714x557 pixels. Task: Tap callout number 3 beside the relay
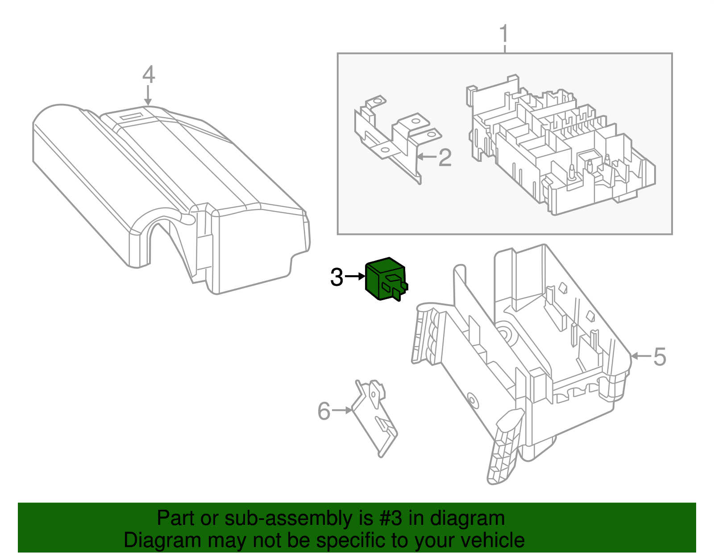(x=336, y=277)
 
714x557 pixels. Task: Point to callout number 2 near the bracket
(x=445, y=158)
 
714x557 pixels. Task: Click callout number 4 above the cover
(x=149, y=74)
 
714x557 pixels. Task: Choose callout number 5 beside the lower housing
(x=660, y=357)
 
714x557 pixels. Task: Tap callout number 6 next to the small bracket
(x=324, y=411)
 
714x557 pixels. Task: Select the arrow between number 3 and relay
(x=355, y=276)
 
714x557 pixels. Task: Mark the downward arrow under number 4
(x=148, y=96)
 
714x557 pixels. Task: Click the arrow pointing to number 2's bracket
(x=426, y=157)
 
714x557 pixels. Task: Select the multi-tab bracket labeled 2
(x=393, y=138)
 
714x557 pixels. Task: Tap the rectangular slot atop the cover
(x=132, y=117)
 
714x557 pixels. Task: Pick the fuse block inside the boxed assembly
(x=558, y=147)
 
